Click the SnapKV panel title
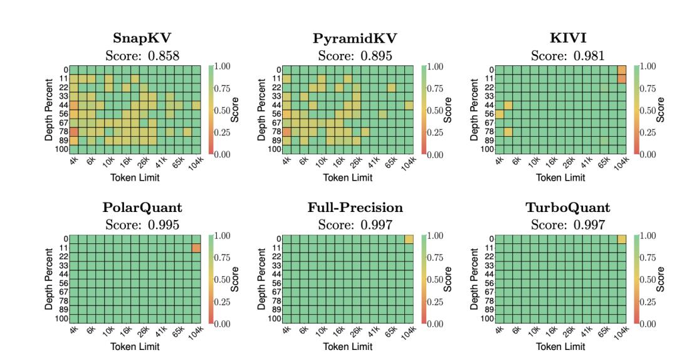(x=142, y=39)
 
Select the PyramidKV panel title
(x=355, y=39)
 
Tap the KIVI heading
(x=567, y=39)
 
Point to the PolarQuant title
(x=142, y=208)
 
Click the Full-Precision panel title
(x=355, y=208)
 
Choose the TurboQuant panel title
(x=567, y=208)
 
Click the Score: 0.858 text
(x=142, y=56)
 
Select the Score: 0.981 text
(x=567, y=56)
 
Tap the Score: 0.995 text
(x=142, y=225)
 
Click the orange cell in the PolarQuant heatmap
(x=196, y=248)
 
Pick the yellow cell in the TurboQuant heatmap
(x=622, y=240)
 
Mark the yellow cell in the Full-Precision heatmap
(x=409, y=240)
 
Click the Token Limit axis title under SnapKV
(x=135, y=177)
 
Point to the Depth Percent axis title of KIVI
(x=475, y=109)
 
